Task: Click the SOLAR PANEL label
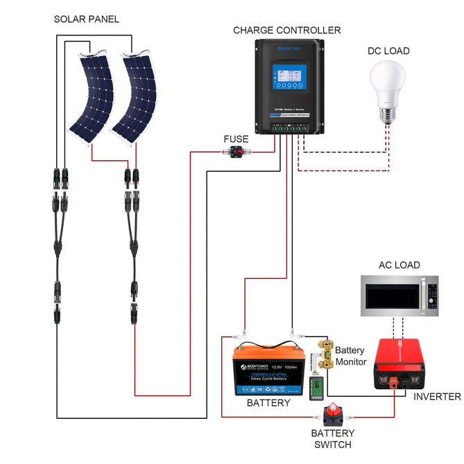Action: (x=86, y=19)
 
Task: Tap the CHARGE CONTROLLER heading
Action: (x=286, y=31)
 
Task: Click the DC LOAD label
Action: (x=388, y=51)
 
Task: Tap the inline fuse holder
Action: (x=234, y=153)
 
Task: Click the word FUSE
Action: (x=235, y=139)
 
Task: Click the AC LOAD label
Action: (x=399, y=265)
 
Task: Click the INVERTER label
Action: (x=437, y=397)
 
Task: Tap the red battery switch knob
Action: (x=336, y=415)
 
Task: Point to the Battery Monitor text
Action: (x=351, y=356)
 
